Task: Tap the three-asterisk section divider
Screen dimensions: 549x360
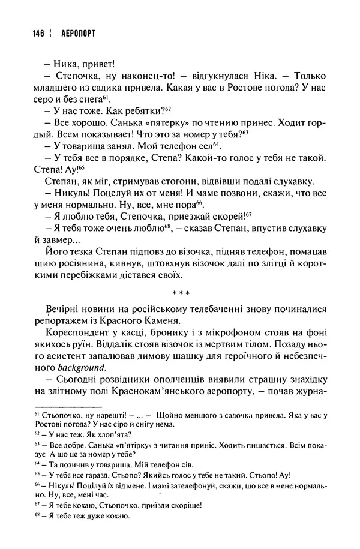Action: [181, 293]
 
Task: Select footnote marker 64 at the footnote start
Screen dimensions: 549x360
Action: [37, 466]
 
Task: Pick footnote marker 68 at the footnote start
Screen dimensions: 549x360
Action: [37, 515]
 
